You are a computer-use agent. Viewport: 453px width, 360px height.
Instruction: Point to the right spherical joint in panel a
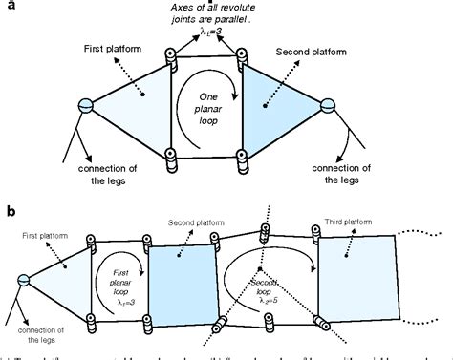point(329,105)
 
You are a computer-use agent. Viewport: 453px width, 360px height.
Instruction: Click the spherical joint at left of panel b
point(21,279)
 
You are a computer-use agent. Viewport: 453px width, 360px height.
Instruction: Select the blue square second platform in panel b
point(174,277)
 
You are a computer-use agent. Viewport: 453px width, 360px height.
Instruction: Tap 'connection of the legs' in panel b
point(26,337)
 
